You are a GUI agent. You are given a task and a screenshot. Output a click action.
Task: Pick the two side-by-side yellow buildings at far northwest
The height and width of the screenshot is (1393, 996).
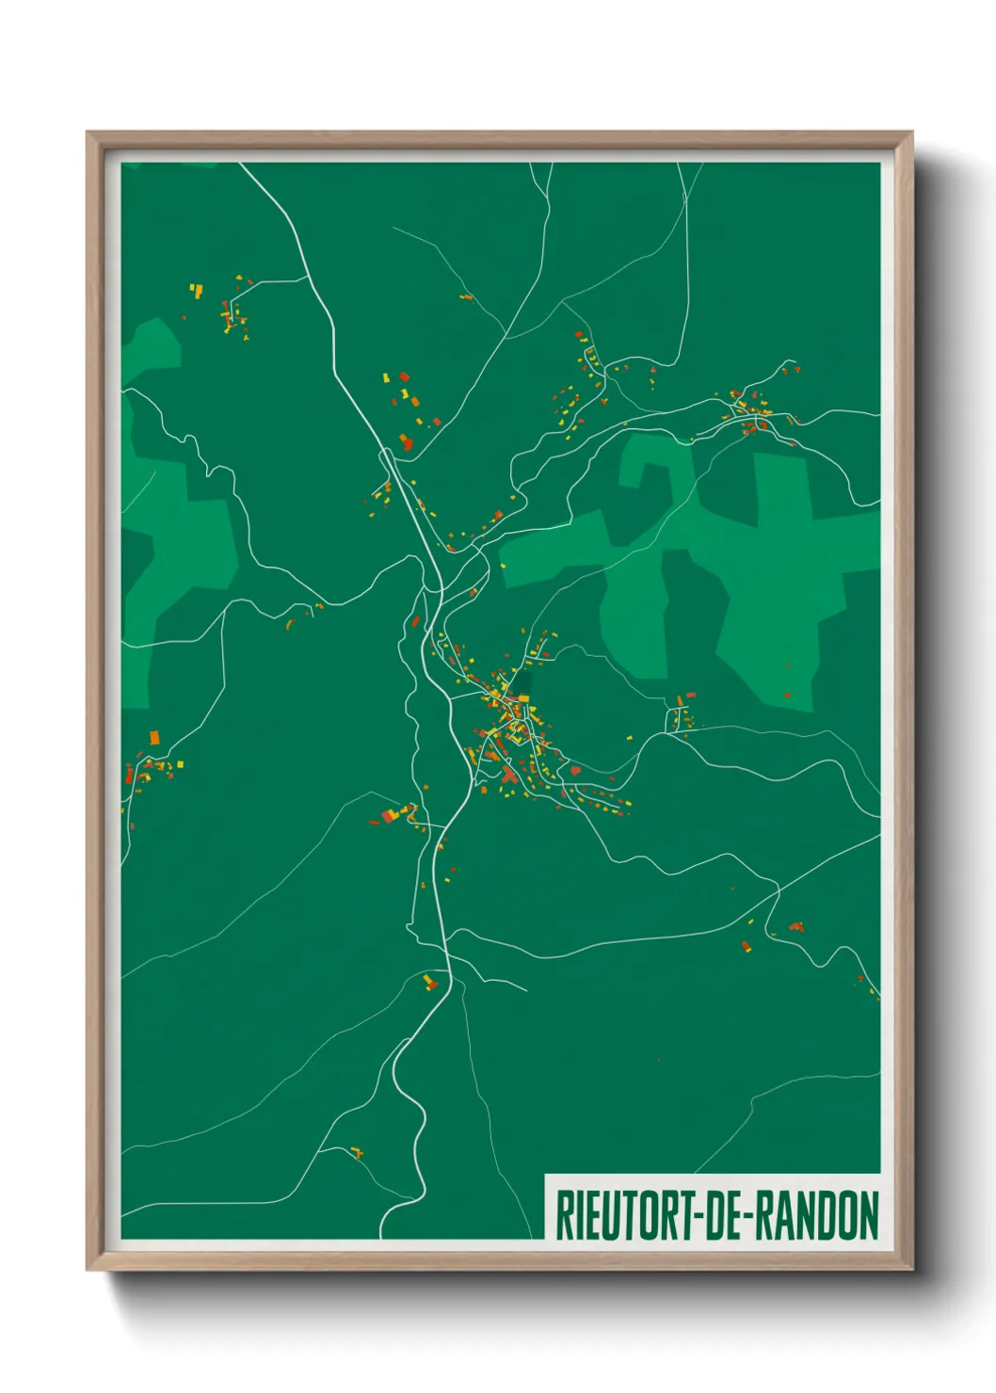(x=196, y=290)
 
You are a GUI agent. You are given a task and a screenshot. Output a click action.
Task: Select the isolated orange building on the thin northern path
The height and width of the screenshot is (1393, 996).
(x=466, y=297)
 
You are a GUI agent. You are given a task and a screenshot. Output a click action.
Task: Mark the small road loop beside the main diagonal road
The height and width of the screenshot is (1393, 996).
(x=387, y=457)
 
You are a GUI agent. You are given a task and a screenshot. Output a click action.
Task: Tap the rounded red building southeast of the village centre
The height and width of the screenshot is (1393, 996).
(x=575, y=771)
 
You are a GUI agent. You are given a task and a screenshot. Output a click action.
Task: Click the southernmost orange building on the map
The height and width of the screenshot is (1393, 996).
(x=356, y=1151)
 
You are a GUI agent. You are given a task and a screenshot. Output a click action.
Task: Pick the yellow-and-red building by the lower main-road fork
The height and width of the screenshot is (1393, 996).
(x=429, y=982)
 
